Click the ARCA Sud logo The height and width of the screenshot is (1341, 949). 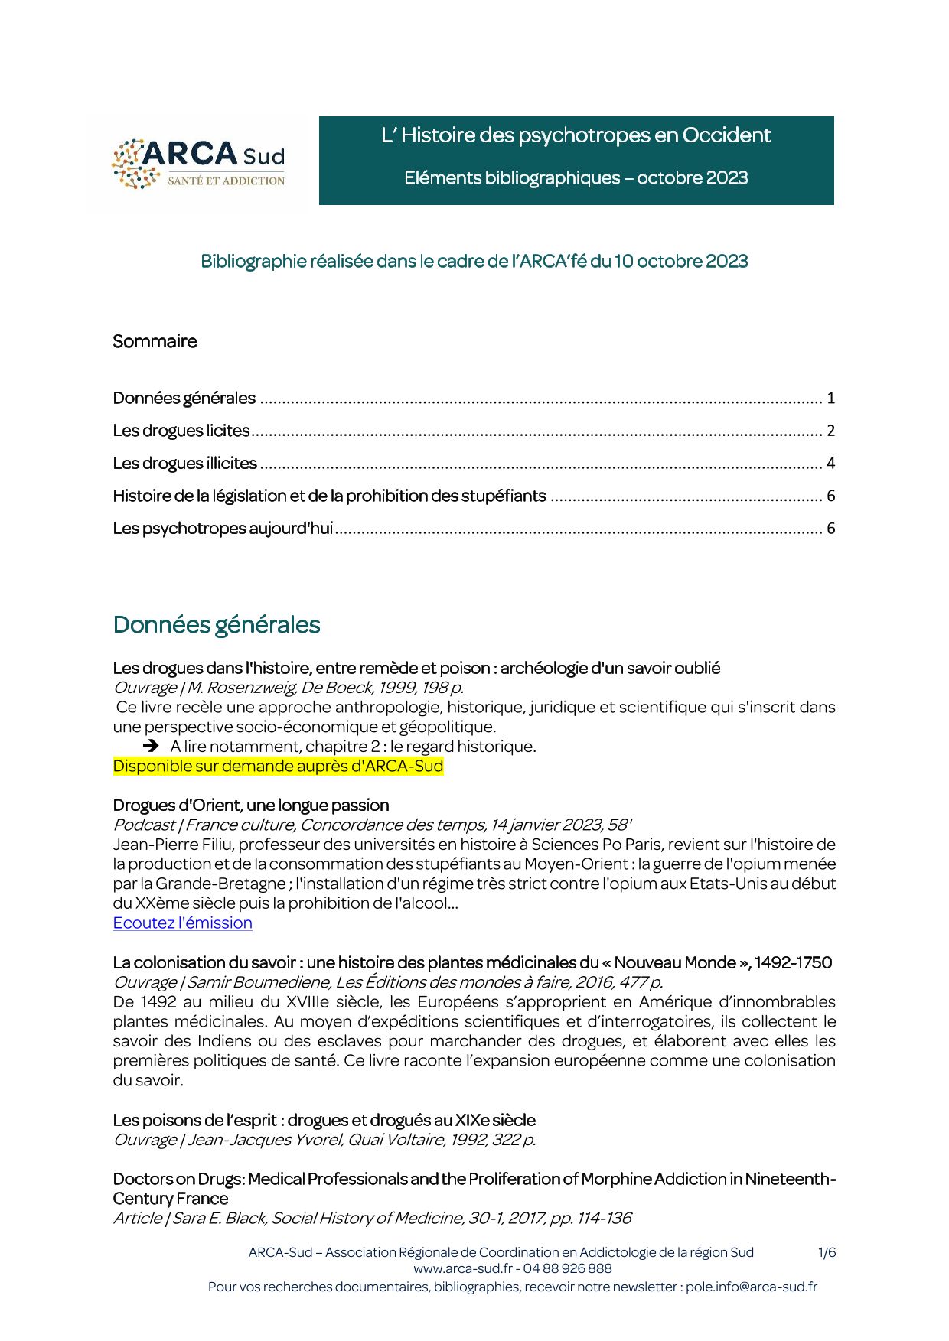[x=199, y=163]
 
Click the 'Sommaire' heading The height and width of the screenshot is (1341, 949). [x=155, y=341]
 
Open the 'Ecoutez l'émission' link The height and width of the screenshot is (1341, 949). [x=182, y=923]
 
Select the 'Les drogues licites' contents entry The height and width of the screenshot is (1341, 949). [x=181, y=431]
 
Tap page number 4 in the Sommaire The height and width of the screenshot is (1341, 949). [x=830, y=464]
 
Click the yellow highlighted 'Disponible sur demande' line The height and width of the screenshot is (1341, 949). [x=278, y=766]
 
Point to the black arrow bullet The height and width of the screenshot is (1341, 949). [x=151, y=746]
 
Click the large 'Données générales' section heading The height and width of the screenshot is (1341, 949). [x=217, y=624]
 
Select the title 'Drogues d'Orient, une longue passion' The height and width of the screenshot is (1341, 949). [x=251, y=805]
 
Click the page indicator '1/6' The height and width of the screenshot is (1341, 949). [x=827, y=1252]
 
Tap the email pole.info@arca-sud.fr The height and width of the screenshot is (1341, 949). [x=751, y=1287]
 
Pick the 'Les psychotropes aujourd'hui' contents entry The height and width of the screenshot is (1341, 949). [x=223, y=529]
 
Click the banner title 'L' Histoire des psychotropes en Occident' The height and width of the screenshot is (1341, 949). [x=576, y=135]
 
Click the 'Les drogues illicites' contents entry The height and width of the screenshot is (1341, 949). [x=185, y=464]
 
